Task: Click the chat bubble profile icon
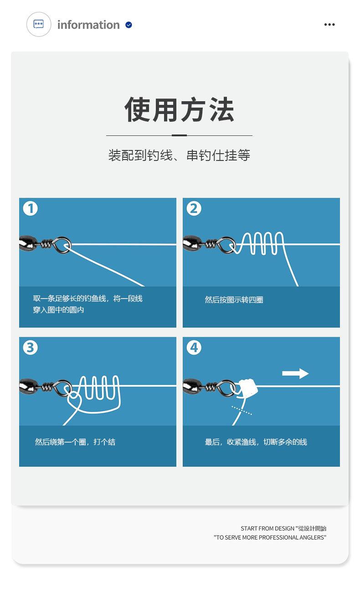[x=39, y=24]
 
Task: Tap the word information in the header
[x=88, y=25]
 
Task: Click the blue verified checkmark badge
[x=129, y=25]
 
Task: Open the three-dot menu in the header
[x=329, y=25]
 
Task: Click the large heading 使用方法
[x=179, y=109]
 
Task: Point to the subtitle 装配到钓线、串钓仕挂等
[x=179, y=155]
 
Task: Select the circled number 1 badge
[x=31, y=208]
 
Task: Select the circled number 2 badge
[x=194, y=208]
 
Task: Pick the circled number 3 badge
[x=31, y=347]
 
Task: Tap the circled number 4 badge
[x=194, y=347]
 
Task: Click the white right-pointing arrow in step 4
[x=295, y=373]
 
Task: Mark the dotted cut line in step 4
[x=242, y=410]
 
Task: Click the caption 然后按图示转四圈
[x=234, y=300]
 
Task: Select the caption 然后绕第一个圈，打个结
[x=75, y=442]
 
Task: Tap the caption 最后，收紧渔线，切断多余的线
[x=256, y=442]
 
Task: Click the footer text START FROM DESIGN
[x=267, y=528]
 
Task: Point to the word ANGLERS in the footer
[x=312, y=537]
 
